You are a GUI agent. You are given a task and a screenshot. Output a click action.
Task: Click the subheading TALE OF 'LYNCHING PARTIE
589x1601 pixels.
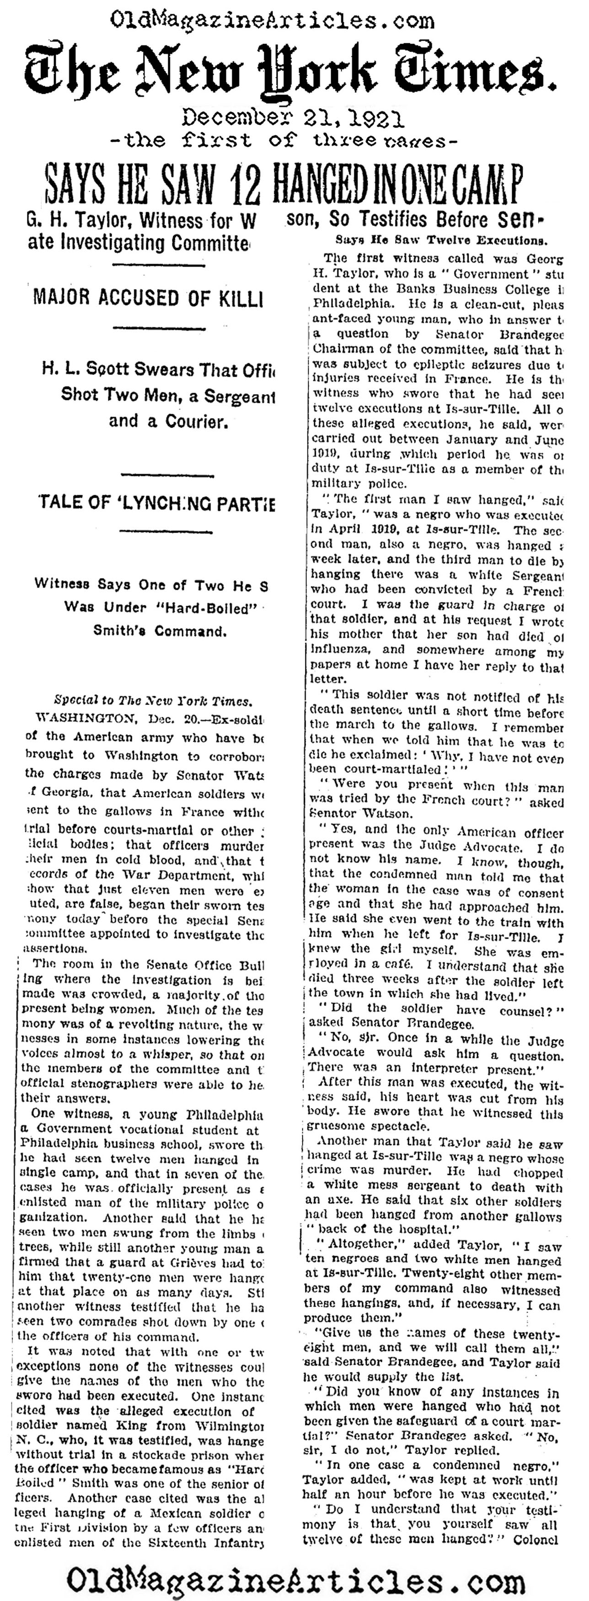pyautogui.click(x=156, y=502)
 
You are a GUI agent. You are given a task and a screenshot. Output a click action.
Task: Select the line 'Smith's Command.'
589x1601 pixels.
pyautogui.click(x=159, y=630)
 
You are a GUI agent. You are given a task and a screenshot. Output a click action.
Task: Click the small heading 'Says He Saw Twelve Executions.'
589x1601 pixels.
pyautogui.click(x=441, y=240)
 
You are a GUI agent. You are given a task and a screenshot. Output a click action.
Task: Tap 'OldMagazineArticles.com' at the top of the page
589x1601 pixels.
pyautogui.click(x=272, y=22)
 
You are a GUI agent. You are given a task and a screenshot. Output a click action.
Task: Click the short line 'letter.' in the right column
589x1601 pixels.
pyautogui.click(x=326, y=679)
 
